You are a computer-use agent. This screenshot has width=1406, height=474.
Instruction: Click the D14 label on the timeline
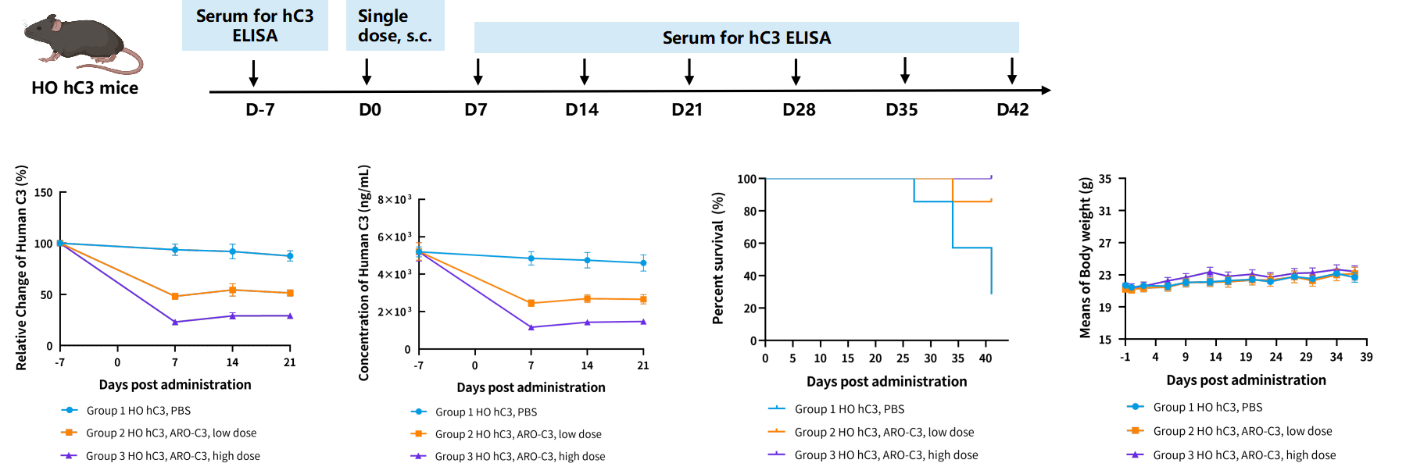(581, 109)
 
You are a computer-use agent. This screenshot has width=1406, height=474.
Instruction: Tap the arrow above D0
(367, 72)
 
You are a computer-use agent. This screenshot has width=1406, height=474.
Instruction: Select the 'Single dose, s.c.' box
(395, 26)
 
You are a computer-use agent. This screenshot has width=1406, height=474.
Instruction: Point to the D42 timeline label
(1013, 109)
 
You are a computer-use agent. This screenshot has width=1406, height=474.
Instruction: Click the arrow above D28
(796, 72)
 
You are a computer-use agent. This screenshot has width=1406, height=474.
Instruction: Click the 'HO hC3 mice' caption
(84, 88)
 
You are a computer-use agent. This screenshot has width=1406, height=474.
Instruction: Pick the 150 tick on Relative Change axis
(44, 192)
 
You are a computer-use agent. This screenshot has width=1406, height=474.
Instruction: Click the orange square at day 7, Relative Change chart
(175, 297)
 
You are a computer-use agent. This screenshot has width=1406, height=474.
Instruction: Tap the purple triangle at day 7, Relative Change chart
(175, 322)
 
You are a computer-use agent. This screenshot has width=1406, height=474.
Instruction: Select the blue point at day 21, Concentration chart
(643, 263)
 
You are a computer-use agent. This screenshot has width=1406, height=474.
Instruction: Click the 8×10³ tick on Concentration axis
(394, 200)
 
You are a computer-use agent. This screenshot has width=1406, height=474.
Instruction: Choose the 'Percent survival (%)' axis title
(718, 258)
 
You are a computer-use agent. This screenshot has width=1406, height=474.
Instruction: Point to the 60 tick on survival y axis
(750, 244)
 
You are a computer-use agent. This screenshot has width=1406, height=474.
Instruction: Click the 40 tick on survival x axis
(986, 358)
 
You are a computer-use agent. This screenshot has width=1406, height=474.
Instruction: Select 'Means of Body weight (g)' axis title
(1085, 258)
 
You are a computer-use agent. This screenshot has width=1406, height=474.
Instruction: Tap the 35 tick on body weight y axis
(1105, 179)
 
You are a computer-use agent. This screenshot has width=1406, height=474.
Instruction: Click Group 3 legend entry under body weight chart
(1232, 454)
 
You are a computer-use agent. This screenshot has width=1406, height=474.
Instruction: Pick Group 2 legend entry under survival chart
(871, 432)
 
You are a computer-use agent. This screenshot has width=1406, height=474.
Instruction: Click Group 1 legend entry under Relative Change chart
(127, 410)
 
